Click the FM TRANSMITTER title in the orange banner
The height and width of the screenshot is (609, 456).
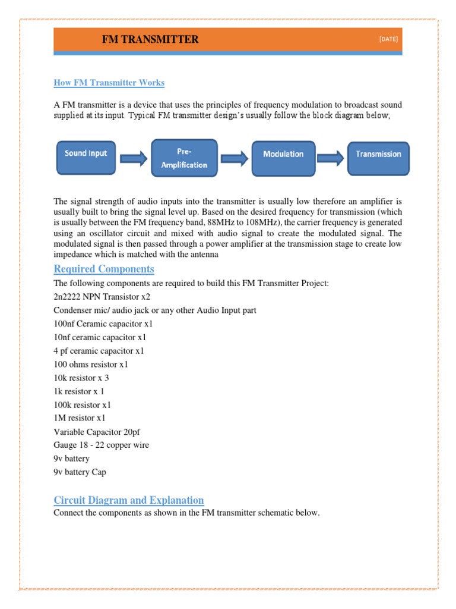[150, 40]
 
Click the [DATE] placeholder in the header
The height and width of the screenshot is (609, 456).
[388, 39]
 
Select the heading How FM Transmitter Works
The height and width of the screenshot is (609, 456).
[109, 83]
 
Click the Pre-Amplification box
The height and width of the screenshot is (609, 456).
[184, 159]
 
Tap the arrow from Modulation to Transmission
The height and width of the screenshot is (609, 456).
[331, 158]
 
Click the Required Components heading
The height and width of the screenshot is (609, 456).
[104, 269]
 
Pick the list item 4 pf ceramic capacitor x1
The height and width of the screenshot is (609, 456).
[99, 351]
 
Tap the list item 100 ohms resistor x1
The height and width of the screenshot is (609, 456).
[91, 364]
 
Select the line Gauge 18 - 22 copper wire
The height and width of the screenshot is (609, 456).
[101, 445]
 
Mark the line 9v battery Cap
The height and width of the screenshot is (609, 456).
[80, 472]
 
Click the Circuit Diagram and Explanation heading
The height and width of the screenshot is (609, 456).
[129, 500]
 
